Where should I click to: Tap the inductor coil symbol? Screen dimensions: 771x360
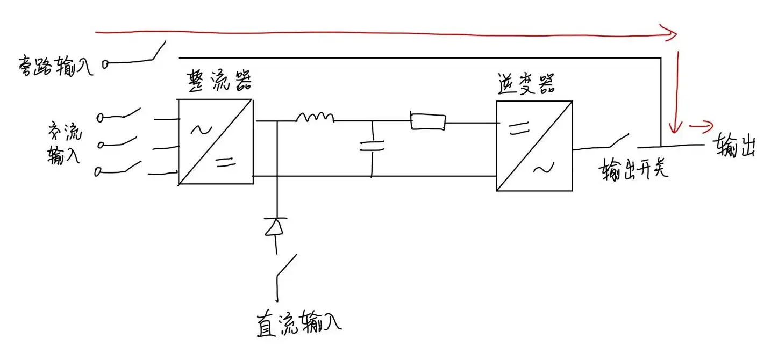315,117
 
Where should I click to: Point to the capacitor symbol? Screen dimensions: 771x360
372,146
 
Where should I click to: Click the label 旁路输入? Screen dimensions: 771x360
55,66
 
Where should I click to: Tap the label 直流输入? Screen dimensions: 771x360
299,323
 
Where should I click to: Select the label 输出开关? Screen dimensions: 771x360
633,169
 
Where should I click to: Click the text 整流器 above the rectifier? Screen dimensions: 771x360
219,82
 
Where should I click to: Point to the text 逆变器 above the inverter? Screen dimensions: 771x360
526,84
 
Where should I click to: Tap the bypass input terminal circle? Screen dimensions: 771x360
105,64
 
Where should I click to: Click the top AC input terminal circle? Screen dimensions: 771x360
100,118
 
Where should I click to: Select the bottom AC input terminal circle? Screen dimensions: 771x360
98,172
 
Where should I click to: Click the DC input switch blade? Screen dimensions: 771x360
287,265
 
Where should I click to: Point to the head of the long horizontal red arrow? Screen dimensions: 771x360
669,33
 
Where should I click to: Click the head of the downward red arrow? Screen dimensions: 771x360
675,127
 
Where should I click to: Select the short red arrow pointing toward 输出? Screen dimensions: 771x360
701,126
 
